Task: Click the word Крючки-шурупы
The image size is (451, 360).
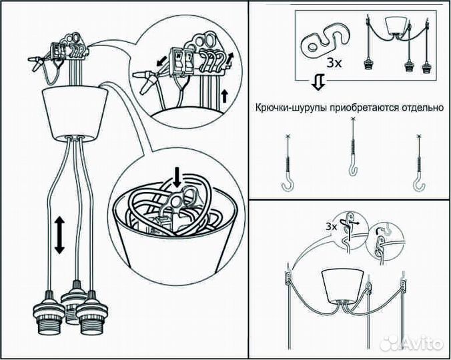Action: click(x=285, y=107)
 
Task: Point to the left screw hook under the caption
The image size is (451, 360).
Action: click(x=288, y=163)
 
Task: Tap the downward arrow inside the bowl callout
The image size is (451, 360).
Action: click(x=177, y=177)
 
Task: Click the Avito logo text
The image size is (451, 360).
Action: click(x=422, y=344)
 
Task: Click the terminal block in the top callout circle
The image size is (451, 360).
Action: click(x=182, y=61)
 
